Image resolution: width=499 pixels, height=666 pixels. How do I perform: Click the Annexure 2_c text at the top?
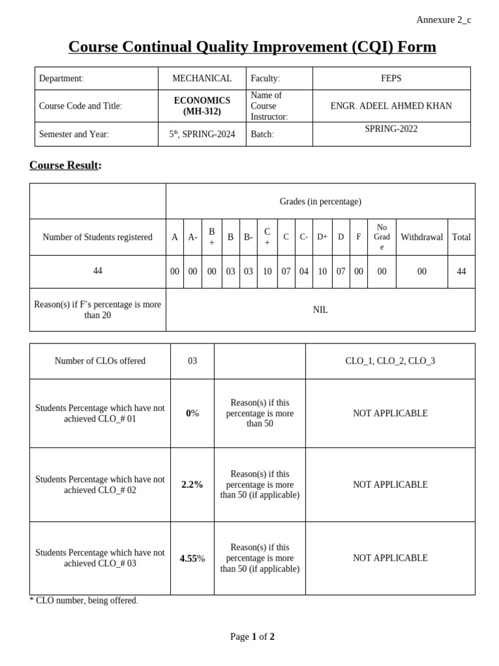click(444, 20)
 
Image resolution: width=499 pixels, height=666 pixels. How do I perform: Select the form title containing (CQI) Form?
click(252, 47)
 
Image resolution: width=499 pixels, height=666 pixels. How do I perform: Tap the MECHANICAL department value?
click(201, 78)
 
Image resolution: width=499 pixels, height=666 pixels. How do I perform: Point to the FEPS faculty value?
click(391, 78)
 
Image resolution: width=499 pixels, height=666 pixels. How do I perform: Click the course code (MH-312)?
click(201, 111)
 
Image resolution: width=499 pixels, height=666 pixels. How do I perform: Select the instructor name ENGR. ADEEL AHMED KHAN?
click(391, 105)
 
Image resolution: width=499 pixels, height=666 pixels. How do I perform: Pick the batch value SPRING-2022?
click(391, 129)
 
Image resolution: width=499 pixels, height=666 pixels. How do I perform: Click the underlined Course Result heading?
click(65, 165)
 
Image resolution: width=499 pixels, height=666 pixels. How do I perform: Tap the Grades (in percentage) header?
click(320, 202)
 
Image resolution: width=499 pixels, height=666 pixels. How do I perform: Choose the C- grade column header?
click(303, 237)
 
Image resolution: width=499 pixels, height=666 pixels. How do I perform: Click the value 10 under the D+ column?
click(322, 272)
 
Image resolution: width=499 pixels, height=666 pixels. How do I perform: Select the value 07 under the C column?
click(286, 272)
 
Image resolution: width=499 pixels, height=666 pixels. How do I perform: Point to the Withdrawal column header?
click(422, 237)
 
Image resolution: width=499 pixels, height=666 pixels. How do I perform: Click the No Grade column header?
click(381, 237)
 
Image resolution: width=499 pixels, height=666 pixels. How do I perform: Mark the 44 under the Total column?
click(461, 272)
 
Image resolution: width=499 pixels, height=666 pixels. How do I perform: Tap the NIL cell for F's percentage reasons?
click(320, 310)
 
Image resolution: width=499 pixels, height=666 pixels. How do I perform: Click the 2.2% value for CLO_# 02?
click(192, 485)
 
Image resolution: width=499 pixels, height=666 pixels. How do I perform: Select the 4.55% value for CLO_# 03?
click(192, 558)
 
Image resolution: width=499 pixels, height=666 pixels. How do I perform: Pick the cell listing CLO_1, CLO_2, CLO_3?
click(390, 361)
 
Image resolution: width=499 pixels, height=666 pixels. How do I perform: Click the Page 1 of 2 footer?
click(252, 637)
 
